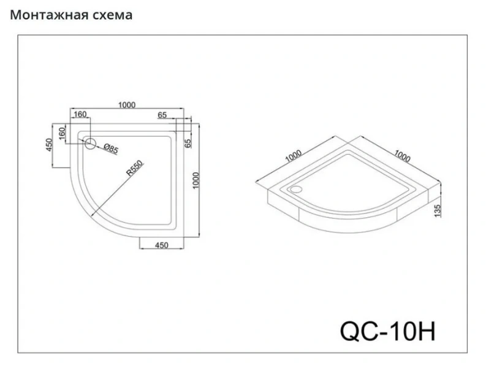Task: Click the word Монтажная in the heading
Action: click(49, 15)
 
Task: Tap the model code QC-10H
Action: click(388, 331)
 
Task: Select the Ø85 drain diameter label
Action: click(110, 148)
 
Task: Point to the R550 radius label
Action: click(134, 169)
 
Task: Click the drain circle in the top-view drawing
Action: click(91, 144)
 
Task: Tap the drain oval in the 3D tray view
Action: click(297, 189)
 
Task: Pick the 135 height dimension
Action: click(437, 211)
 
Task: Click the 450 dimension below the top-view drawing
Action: click(161, 245)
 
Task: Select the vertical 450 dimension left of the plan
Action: click(48, 145)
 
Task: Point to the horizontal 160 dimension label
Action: click(80, 115)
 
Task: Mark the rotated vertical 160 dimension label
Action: click(63, 134)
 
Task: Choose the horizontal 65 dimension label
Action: click(162, 115)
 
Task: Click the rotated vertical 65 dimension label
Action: click(188, 143)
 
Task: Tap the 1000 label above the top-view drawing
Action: click(127, 105)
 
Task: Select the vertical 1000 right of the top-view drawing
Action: click(196, 180)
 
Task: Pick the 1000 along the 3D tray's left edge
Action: click(293, 156)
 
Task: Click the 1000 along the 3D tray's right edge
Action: click(402, 156)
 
